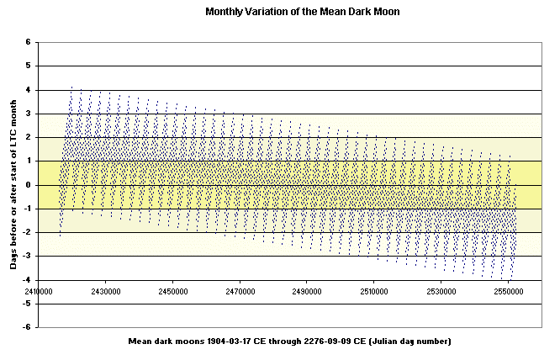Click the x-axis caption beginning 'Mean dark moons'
pyautogui.click(x=289, y=341)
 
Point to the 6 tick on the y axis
pyautogui.click(x=28, y=42)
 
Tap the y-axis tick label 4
pyautogui.click(x=28, y=89)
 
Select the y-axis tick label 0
pyautogui.click(x=28, y=185)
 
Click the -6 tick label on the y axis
pyautogui.click(x=26, y=327)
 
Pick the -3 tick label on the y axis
pyautogui.click(x=26, y=256)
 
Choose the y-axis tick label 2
pyautogui.click(x=28, y=137)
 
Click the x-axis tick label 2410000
pyautogui.click(x=37, y=291)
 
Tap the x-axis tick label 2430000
pyautogui.click(x=104, y=291)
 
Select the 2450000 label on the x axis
pyautogui.click(x=172, y=291)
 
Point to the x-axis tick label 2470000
pyautogui.click(x=239, y=291)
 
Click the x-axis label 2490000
pyautogui.click(x=306, y=291)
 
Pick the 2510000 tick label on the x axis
pyautogui.click(x=373, y=291)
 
